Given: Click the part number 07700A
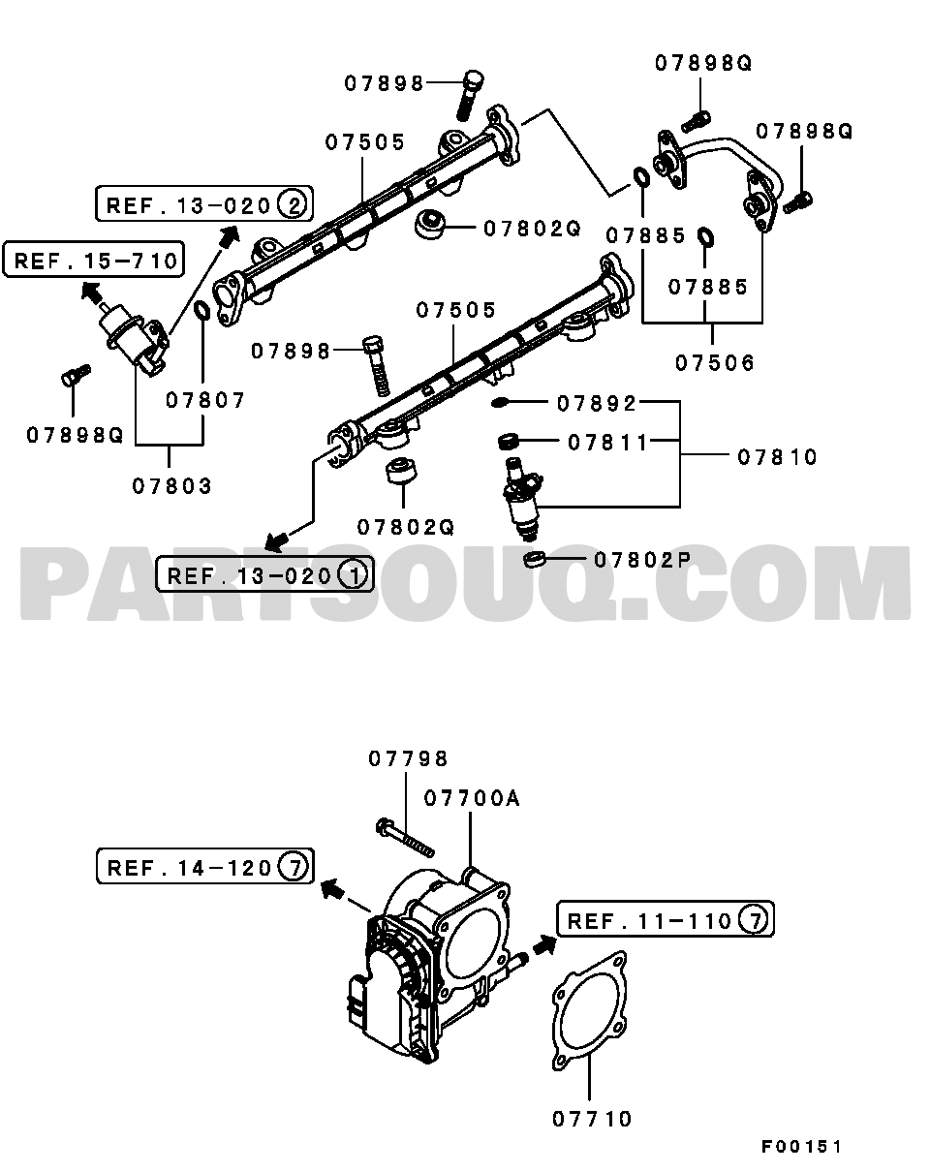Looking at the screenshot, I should (471, 798).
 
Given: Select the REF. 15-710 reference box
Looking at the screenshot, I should (95, 260).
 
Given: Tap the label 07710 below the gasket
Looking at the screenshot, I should (592, 1119).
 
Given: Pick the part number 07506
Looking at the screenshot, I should (715, 363).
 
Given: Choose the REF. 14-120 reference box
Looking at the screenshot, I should (203, 867).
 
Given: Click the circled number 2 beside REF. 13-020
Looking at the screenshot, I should (292, 204).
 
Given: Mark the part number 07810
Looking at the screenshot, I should (777, 456).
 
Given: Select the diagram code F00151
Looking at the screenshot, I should (800, 1147).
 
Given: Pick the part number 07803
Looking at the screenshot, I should (171, 485).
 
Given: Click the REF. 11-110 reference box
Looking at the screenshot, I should (666, 920).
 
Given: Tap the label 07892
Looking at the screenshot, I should (595, 403).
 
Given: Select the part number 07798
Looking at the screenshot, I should (408, 759).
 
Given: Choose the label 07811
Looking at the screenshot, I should (607, 443).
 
